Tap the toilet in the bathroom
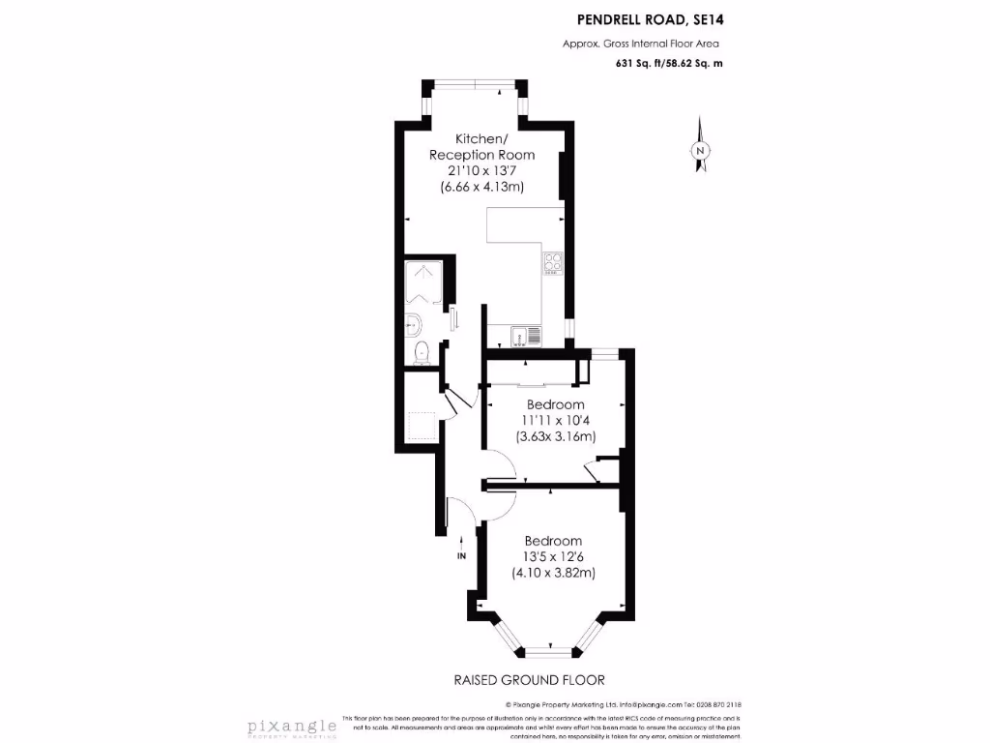click(420, 353)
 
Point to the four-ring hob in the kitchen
click(553, 262)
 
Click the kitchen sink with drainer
click(527, 336)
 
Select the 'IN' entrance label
click(462, 555)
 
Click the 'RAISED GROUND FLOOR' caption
click(529, 680)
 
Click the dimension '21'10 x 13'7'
click(481, 170)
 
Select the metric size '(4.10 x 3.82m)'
click(553, 573)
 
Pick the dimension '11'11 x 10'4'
click(555, 420)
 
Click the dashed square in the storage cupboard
click(422, 426)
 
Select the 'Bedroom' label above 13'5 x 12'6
click(553, 541)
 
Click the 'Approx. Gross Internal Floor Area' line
click(641, 43)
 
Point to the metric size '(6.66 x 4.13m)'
click(481, 187)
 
